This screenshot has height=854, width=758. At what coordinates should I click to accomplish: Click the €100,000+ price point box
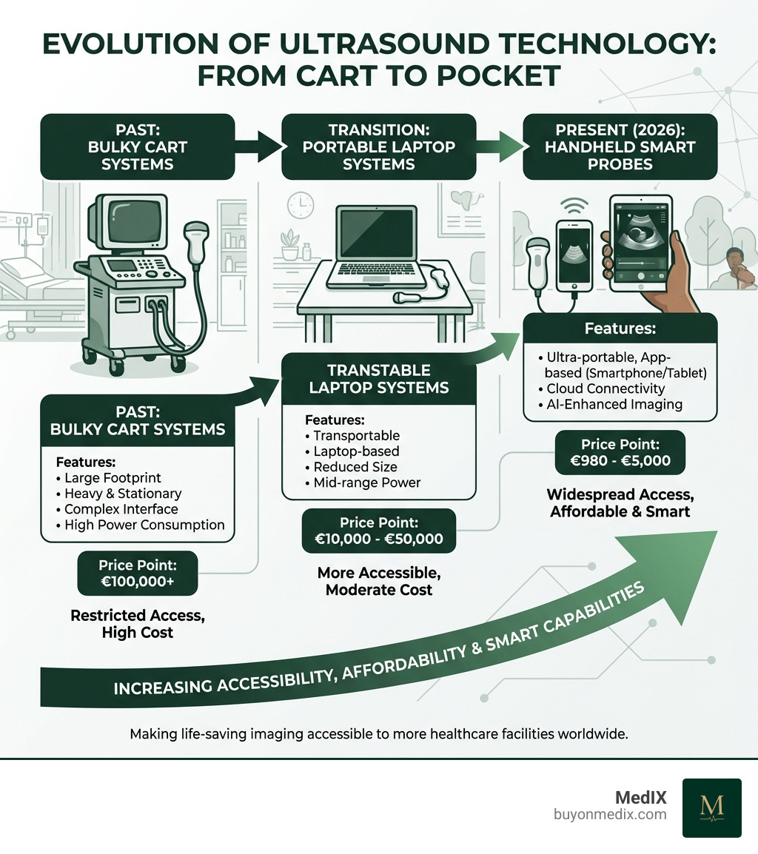pos(138,574)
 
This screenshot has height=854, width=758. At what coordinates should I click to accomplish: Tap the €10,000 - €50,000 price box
pos(379,531)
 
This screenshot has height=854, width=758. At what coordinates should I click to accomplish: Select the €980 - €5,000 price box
pos(620,452)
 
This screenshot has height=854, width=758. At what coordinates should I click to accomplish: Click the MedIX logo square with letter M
pos(711,807)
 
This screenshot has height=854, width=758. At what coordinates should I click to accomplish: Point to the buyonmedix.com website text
pos(610,815)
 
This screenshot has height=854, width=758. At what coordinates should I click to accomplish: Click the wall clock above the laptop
pos(300,206)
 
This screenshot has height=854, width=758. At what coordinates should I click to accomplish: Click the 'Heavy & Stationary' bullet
pos(122,494)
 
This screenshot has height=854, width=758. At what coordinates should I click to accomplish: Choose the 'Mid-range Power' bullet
pos(366,483)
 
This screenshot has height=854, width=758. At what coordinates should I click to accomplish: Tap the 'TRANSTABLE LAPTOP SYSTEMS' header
pos(378,378)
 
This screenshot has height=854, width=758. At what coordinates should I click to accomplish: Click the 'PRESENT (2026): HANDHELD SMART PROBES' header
pos(620,147)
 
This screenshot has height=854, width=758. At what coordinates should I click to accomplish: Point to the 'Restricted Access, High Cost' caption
pos(138,623)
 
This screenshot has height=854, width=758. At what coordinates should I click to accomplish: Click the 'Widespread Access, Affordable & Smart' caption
pos(620,502)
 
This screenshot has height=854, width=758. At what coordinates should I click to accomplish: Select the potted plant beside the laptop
pos(290,245)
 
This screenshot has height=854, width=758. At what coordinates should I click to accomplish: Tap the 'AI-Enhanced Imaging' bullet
pos(614,404)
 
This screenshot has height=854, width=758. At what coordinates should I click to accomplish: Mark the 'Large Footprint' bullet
pos(113,478)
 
